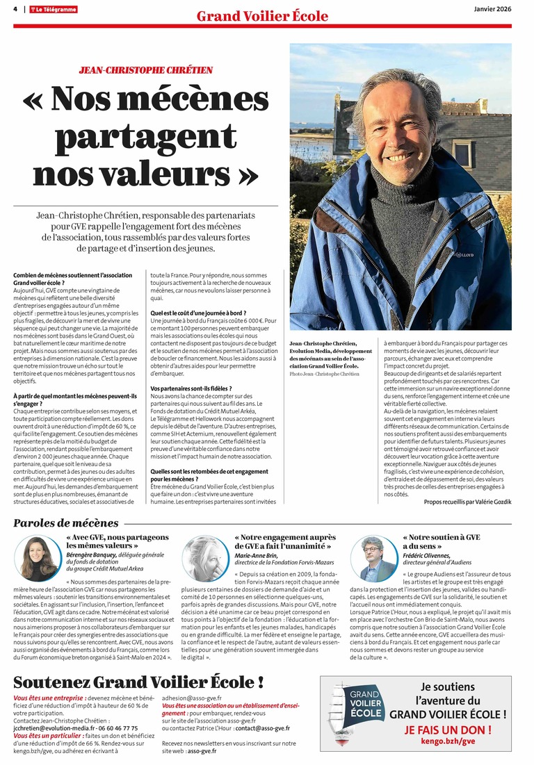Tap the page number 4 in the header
[x=15, y=9]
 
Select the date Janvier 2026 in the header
[x=493, y=8]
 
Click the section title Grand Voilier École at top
[x=262, y=16]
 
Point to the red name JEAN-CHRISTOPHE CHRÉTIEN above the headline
[x=146, y=70]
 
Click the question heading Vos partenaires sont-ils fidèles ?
[x=191, y=388]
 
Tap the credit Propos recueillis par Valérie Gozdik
[x=467, y=501]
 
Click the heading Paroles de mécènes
[x=66, y=523]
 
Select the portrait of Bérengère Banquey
[x=38, y=557]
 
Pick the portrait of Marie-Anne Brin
[x=207, y=557]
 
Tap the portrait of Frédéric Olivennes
[x=377, y=558]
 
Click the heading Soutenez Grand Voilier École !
[x=138, y=682]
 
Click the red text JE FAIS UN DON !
[x=448, y=730]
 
